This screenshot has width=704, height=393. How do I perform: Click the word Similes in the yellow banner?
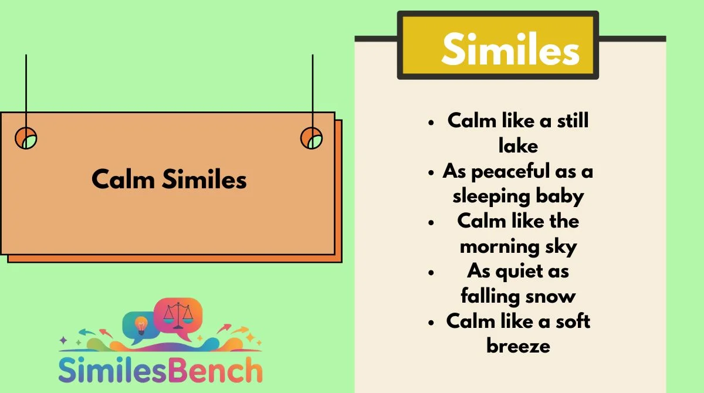510,49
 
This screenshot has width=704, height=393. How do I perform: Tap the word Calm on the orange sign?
123,179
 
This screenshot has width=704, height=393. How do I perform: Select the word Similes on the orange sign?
204,179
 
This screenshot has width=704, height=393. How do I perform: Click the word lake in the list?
518,145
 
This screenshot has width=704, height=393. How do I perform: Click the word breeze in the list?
518,346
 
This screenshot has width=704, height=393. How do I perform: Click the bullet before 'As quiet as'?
431,272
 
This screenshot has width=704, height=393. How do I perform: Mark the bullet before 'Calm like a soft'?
431,322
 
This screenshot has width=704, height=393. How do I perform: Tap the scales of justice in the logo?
178,315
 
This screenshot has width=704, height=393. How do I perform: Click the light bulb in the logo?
141,326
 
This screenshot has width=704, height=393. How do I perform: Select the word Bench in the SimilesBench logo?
215,370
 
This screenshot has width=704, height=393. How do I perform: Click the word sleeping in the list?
491,196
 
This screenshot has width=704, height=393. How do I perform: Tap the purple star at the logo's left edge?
63,340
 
